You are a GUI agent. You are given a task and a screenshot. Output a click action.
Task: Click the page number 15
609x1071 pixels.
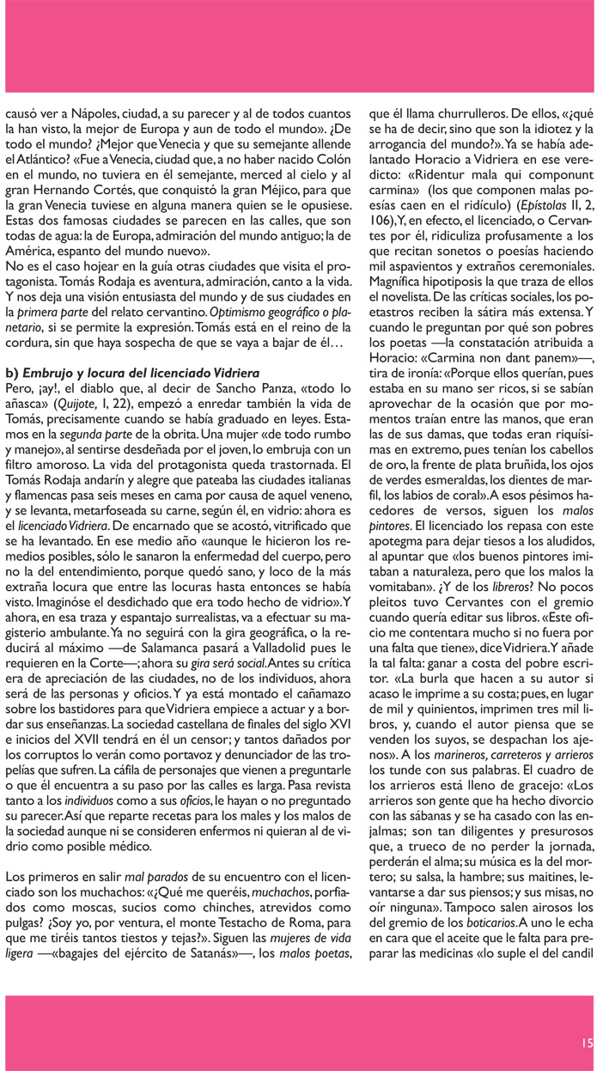(x=587, y=1042)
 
